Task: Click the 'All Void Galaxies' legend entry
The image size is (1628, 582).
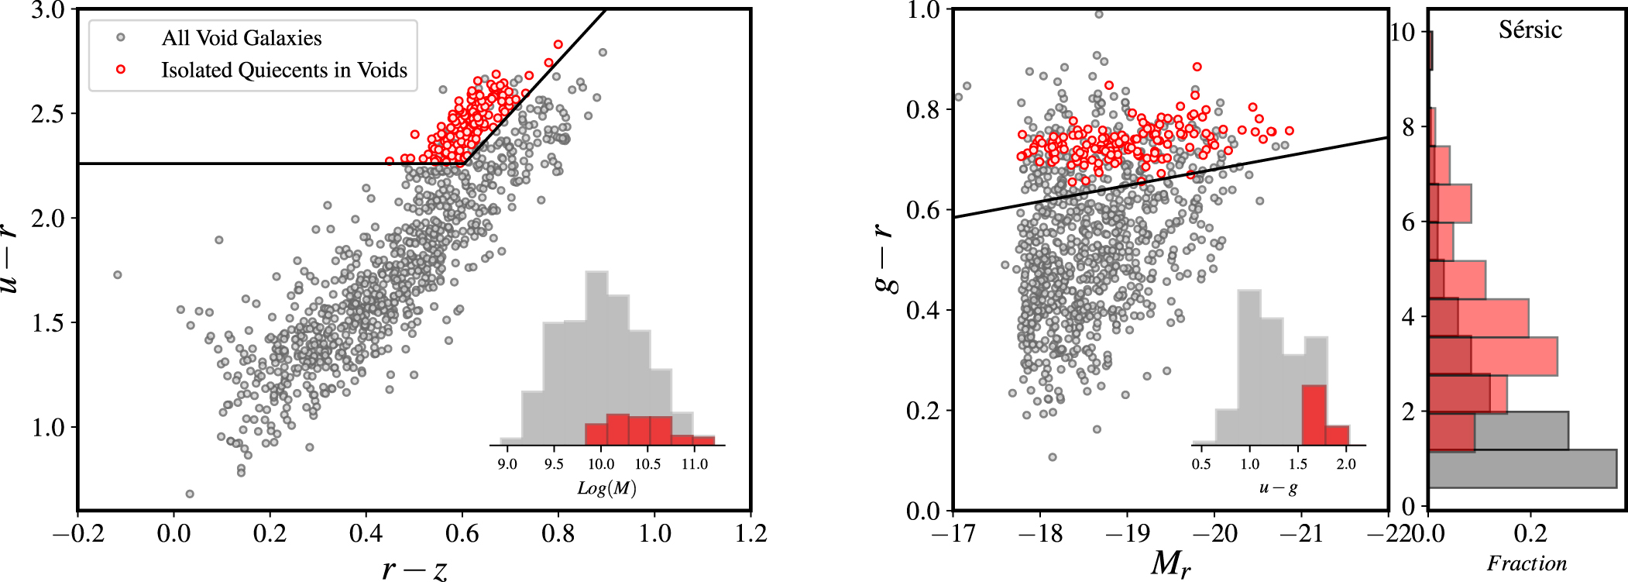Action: click(241, 38)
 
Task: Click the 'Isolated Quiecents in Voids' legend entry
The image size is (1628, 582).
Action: click(283, 70)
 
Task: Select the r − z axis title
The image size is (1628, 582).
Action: click(414, 569)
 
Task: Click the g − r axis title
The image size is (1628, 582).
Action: click(887, 260)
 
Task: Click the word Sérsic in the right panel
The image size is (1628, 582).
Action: click(1530, 30)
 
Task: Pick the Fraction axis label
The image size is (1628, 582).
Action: click(1526, 563)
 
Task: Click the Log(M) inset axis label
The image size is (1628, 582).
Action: click(606, 488)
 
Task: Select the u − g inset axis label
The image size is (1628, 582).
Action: click(1278, 487)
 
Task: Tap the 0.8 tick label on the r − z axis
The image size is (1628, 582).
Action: click(558, 533)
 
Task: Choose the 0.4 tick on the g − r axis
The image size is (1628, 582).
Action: click(922, 310)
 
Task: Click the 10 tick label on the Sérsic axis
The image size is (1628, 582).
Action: click(1403, 32)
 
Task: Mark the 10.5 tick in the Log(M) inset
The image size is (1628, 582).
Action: click(647, 464)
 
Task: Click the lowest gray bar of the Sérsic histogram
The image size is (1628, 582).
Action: click(1522, 469)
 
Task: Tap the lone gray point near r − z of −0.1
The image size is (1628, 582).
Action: click(118, 275)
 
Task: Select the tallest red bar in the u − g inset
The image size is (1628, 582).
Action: click(1314, 415)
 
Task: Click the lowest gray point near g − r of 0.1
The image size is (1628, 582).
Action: click(1052, 457)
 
